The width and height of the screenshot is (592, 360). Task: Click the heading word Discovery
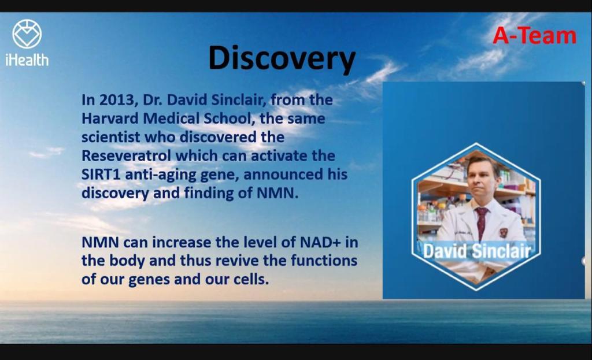pos(282,58)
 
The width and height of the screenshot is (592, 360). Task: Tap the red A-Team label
pos(534,36)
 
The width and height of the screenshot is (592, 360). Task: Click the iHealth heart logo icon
pos(27,34)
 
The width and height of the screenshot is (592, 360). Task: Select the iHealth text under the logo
pos(27,60)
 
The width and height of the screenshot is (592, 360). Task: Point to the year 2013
pos(114,100)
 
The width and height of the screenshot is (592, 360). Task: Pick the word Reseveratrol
pos(126,155)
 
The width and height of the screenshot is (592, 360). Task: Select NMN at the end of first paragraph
pos(277,193)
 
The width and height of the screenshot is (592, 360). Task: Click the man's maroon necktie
pos(481,222)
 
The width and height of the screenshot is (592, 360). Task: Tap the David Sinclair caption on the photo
pos(477,251)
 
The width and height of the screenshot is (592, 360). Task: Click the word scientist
pos(111,137)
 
